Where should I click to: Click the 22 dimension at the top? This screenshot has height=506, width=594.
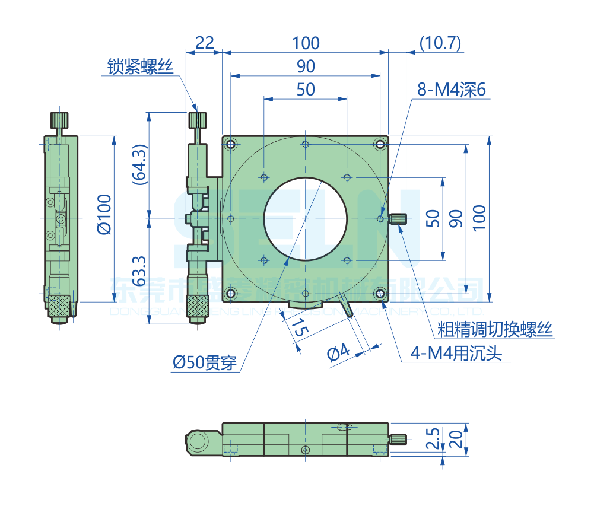click(x=204, y=43)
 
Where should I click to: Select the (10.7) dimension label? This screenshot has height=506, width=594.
click(x=440, y=43)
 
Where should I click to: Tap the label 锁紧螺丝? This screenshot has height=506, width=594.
click(x=140, y=66)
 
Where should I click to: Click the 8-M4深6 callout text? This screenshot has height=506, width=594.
click(x=451, y=90)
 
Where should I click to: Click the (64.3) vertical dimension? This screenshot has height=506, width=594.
click(x=138, y=165)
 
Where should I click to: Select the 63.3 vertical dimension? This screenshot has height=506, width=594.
click(x=138, y=270)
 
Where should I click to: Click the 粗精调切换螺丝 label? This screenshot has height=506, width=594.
click(x=495, y=328)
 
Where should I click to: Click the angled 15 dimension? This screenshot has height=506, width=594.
click(x=299, y=328)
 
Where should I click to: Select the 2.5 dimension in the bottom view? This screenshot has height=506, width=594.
click(x=434, y=439)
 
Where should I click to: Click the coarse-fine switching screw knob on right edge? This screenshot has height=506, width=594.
click(x=398, y=219)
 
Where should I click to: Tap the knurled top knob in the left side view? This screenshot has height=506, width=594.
click(x=59, y=120)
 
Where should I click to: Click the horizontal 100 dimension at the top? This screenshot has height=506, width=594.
click(x=306, y=43)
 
